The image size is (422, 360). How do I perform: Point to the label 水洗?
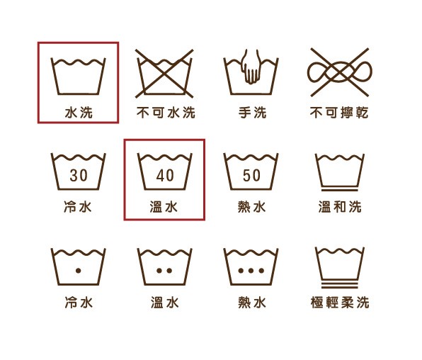click(79, 113)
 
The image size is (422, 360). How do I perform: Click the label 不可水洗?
click(165, 113)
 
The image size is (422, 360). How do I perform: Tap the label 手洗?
click(252, 113)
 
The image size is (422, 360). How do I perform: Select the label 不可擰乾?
click(339, 113)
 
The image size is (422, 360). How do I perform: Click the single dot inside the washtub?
click(79, 271)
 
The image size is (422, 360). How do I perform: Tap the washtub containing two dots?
click(165, 266)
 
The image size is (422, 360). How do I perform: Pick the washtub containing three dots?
click(252, 266)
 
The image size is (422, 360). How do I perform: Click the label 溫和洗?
click(339, 208)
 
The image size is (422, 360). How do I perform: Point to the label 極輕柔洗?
click(339, 303)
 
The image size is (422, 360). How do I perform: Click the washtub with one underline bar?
click(339, 171)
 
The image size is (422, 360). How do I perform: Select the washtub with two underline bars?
click(339, 266)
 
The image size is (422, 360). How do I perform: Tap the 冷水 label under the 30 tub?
click(79, 208)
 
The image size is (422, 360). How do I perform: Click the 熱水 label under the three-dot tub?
click(252, 303)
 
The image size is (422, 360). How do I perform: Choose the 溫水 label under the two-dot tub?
click(165, 303)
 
